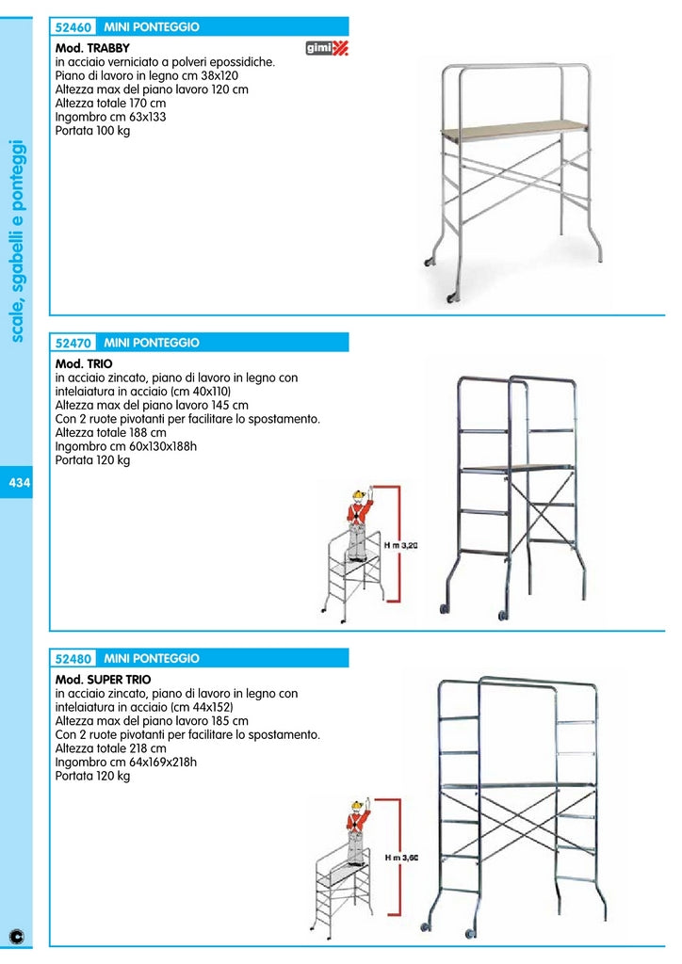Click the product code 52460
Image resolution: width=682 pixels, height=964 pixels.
pos(73,27)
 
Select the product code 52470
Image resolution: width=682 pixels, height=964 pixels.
pos(73,344)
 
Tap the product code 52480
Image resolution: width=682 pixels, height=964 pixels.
pos(73,659)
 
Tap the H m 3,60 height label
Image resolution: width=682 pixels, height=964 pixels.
pos(400,858)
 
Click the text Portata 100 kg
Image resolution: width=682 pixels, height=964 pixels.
pos(92,131)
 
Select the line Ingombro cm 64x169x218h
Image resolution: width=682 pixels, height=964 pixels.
pos(125,763)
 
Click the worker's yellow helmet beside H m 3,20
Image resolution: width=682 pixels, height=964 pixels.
pos(358,495)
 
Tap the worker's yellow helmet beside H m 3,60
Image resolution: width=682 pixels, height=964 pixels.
pos(357,806)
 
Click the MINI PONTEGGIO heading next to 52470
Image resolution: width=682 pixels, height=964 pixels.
pos(152,344)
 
